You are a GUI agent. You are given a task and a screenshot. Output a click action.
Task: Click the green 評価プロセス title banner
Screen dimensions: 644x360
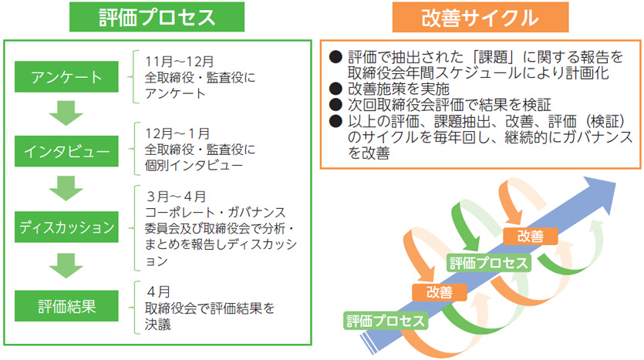(x=157, y=17)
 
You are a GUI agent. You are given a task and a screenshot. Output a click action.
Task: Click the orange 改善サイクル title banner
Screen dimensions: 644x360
(x=480, y=17)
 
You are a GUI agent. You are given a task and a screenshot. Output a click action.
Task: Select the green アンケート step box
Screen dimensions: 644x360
(x=66, y=77)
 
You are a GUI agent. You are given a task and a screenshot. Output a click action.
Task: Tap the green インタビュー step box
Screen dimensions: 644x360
(x=66, y=151)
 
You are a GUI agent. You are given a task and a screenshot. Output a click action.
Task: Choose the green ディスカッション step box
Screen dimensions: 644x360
(x=66, y=227)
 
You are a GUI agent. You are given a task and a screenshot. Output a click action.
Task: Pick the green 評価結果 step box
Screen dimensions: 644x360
(x=66, y=306)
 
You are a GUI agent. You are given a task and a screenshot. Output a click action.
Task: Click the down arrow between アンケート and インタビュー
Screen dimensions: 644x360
(x=66, y=113)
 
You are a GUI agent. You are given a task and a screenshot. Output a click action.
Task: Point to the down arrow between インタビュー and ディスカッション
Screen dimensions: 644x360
(x=66, y=188)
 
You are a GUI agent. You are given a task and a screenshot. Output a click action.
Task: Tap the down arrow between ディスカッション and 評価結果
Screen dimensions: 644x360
(x=66, y=266)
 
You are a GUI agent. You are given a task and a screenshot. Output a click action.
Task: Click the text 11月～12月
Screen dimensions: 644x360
(x=179, y=62)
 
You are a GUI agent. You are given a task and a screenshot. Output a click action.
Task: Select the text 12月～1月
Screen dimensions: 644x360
(x=177, y=133)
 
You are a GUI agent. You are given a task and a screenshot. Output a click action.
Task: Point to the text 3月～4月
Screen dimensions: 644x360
(x=176, y=197)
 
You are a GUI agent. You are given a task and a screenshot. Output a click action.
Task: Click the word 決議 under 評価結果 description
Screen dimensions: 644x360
(x=157, y=325)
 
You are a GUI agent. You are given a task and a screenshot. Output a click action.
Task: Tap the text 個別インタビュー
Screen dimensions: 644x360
(x=194, y=166)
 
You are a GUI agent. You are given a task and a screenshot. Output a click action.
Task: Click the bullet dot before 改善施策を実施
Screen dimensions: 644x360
(x=335, y=88)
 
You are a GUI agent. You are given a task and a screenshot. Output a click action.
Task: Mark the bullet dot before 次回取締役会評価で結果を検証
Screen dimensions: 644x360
(x=335, y=104)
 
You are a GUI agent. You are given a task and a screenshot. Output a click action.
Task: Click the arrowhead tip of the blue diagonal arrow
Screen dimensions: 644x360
(x=615, y=183)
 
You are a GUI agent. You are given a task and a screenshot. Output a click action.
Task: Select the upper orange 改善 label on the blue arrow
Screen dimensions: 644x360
(x=530, y=236)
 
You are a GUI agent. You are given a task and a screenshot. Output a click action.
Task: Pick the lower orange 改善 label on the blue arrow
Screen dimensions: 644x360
(x=439, y=292)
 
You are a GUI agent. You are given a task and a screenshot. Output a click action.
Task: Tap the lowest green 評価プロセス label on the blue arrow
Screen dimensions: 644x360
(x=386, y=321)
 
